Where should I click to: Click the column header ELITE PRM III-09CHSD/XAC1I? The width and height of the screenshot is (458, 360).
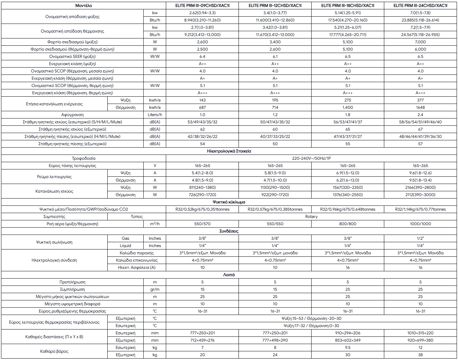202,6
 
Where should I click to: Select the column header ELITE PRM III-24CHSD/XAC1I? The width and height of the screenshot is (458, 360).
420,6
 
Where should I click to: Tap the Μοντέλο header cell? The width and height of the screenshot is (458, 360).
83,6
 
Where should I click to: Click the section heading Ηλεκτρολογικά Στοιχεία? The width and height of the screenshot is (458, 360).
229,151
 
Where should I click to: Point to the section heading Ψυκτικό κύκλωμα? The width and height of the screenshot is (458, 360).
229,202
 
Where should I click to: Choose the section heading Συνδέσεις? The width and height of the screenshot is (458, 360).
229,231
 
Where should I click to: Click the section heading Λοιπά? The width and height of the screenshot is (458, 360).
229,275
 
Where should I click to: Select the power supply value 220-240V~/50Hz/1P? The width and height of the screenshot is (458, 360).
311,158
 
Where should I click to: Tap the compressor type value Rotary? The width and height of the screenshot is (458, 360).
311,217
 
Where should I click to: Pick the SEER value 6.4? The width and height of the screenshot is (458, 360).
202,56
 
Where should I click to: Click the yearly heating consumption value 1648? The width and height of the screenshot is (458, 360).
420,107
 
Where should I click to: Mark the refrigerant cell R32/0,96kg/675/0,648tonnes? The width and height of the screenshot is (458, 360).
348,209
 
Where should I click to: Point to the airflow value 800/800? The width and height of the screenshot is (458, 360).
348,224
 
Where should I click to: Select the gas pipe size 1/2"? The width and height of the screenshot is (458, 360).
420,238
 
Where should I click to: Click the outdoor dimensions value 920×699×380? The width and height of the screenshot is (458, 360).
420,340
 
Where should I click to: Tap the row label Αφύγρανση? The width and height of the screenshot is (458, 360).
72,115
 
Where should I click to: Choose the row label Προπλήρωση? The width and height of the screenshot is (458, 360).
72,282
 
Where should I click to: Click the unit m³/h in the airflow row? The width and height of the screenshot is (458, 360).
155,224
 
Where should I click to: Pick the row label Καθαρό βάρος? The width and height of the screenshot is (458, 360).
54,351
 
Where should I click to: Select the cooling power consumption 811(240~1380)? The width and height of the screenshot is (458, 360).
202,187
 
